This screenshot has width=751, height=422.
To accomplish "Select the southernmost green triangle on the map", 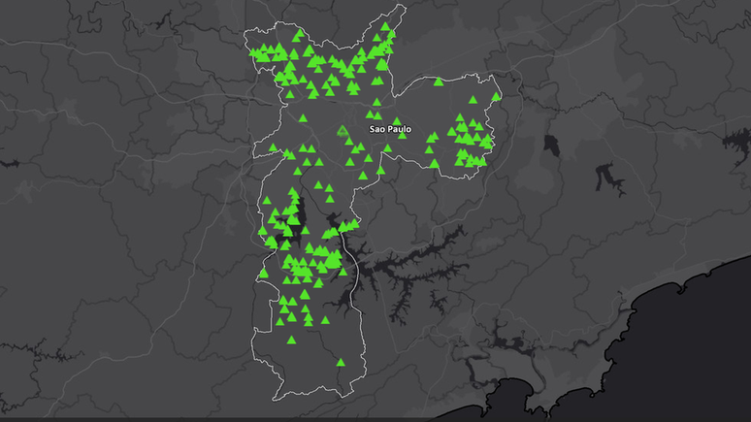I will click(340, 363).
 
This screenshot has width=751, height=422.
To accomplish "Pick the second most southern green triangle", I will click(291, 341).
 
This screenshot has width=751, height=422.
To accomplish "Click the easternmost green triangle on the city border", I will click(496, 97).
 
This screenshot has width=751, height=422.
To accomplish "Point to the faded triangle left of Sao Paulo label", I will click(342, 130).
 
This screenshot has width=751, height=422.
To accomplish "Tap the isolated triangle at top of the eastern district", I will click(439, 82).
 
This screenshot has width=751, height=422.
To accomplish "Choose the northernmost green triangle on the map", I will click(386, 26).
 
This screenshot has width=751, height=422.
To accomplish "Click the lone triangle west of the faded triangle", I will click(303, 118).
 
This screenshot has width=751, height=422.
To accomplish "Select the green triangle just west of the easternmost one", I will click(472, 100).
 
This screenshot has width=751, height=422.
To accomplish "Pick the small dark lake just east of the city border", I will click(552, 146).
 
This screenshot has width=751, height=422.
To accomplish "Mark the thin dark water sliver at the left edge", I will click(10, 163).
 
